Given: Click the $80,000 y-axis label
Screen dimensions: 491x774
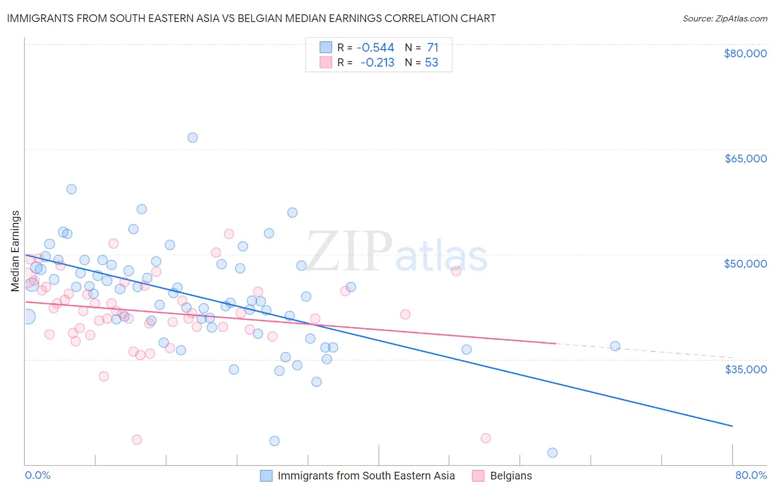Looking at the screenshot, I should [745, 53].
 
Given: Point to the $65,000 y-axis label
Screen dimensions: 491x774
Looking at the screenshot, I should [745, 159].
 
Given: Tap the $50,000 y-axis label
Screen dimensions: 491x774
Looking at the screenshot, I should [745, 264].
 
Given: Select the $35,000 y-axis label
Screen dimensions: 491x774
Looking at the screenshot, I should [745, 369].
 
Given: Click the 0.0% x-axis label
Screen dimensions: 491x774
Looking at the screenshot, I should [37, 476].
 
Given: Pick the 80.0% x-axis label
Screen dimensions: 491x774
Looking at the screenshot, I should [751, 476].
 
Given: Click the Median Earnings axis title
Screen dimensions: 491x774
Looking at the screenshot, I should [15, 251].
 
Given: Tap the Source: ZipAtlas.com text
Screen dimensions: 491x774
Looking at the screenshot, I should [724, 19].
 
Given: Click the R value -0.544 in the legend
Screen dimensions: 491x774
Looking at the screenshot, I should [375, 47].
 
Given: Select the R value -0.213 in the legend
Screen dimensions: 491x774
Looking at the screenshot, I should [377, 63].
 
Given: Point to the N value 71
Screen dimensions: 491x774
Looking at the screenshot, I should [433, 47].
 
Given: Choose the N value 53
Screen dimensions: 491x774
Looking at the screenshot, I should [432, 63].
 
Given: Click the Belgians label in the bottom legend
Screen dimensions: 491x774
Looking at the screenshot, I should [511, 476].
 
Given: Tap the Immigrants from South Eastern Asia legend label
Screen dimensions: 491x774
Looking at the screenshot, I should [366, 476].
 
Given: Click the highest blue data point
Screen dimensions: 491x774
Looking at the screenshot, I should [193, 138].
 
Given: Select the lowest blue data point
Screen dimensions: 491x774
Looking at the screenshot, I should [552, 452].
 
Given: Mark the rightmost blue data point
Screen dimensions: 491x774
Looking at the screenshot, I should [615, 346].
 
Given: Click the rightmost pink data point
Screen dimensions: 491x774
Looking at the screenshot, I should [486, 438].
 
